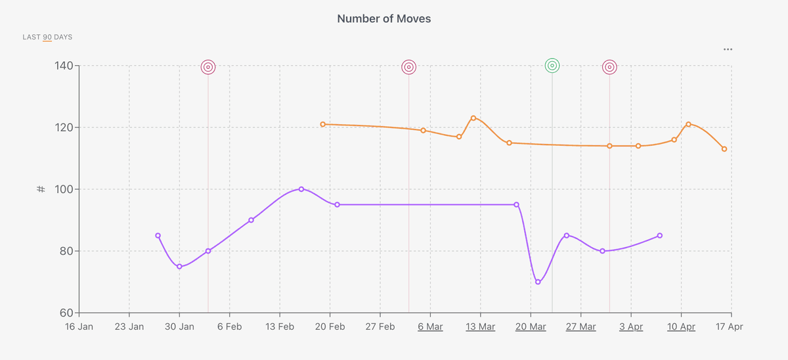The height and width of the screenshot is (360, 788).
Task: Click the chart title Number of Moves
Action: (x=384, y=18)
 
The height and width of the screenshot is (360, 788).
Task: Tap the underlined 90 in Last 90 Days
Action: (x=47, y=37)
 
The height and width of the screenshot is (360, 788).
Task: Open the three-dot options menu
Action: (x=728, y=49)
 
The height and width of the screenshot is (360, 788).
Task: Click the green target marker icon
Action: (x=552, y=65)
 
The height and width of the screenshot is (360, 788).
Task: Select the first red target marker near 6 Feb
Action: (x=208, y=67)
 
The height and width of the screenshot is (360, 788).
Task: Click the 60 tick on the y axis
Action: (x=66, y=313)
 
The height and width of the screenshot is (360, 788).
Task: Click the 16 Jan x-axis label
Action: (x=79, y=326)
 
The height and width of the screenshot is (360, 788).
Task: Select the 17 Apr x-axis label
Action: (x=730, y=326)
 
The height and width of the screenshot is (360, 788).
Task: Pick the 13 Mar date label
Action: (x=480, y=326)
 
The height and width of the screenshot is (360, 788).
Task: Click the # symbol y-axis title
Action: (x=41, y=189)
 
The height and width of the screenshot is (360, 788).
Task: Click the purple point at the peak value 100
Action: (x=301, y=189)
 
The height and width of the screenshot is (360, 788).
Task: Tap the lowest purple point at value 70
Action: (x=538, y=282)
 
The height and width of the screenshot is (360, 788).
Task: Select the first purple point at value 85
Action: (x=158, y=235)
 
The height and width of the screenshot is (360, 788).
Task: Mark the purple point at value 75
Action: (x=179, y=266)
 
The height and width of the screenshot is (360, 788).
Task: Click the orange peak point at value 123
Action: (x=473, y=118)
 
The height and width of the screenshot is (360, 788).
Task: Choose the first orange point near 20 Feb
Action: (x=322, y=124)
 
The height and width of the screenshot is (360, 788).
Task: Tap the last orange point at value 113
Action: (x=724, y=149)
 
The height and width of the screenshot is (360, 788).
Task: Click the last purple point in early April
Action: (x=659, y=235)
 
